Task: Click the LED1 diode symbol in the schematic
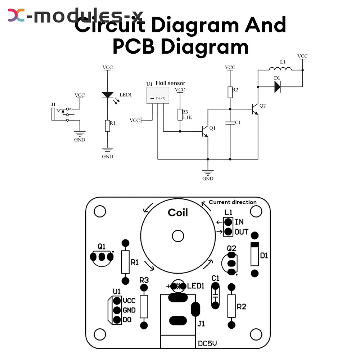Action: [107, 95]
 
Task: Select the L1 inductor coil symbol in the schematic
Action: [280, 68]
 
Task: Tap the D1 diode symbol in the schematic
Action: [277, 87]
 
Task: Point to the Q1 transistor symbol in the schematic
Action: [205, 131]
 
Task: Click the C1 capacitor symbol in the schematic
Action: [230, 123]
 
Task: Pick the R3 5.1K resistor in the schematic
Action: [180, 114]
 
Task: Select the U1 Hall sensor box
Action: [158, 95]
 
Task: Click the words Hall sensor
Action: [170, 83]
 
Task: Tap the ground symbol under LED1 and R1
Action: [107, 150]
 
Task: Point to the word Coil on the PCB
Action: [178, 213]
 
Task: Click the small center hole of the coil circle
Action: [178, 236]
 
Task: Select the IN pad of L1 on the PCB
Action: [228, 222]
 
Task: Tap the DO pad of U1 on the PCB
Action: [117, 320]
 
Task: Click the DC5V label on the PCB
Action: [207, 343]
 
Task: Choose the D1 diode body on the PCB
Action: [255, 254]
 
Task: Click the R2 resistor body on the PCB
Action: [231, 306]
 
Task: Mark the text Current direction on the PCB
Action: [233, 202]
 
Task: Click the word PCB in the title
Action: [134, 46]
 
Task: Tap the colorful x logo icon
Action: [16, 15]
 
